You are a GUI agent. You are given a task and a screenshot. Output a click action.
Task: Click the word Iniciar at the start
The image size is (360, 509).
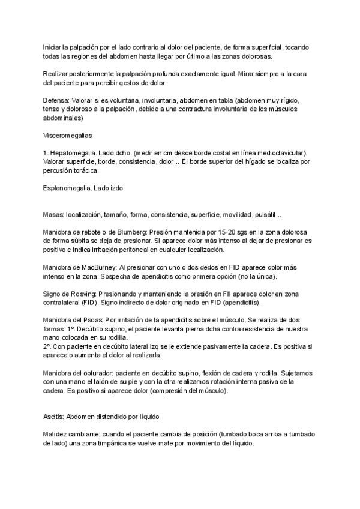click(x=52, y=47)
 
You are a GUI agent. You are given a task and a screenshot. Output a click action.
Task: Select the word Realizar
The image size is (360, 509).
click(x=56, y=73)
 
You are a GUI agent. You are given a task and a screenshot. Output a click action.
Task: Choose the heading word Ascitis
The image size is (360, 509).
click(x=53, y=416)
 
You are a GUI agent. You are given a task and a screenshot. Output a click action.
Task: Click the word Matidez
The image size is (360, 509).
click(x=56, y=433)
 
